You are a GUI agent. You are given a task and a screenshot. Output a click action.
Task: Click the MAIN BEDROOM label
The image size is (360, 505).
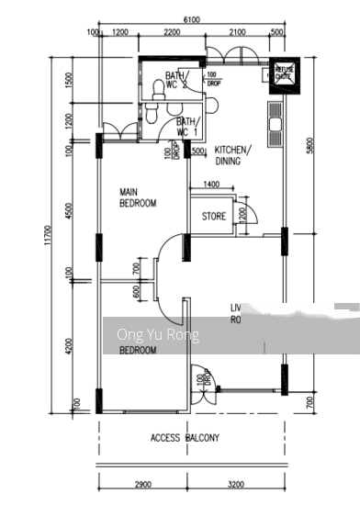click(139, 197)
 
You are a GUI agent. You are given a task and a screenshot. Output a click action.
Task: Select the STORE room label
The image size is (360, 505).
click(214, 218)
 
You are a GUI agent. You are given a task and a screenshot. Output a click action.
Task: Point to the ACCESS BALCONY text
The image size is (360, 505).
click(185, 438)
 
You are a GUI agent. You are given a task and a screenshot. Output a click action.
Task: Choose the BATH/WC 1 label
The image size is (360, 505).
click(186, 126)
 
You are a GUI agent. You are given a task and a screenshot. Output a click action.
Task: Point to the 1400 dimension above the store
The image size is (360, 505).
click(210, 186)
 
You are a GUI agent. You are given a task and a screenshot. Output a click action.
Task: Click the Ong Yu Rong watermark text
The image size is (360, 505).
click(158, 335)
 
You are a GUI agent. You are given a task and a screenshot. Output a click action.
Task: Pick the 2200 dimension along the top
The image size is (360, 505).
click(171, 33)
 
